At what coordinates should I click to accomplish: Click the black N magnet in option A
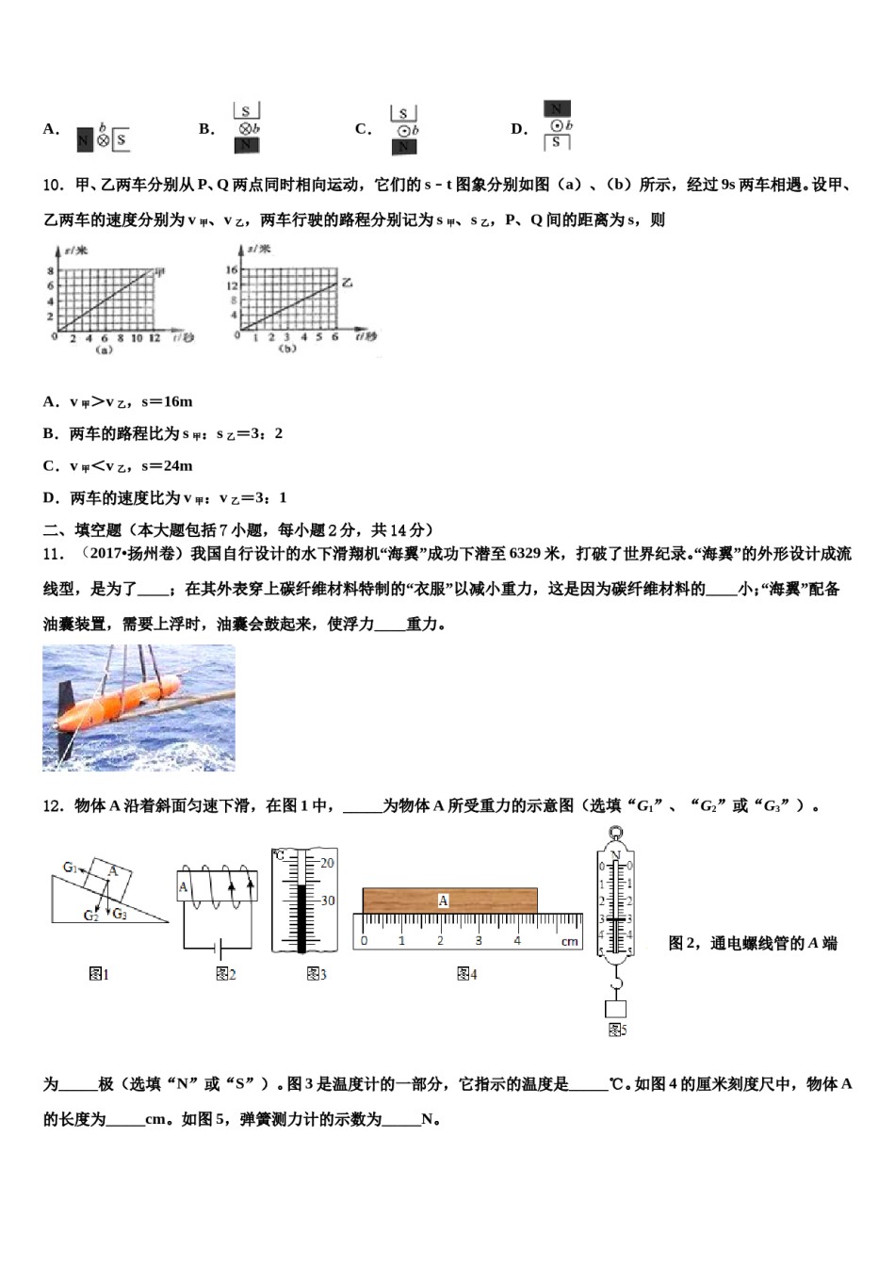[84, 140]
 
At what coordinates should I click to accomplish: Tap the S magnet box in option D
[556, 142]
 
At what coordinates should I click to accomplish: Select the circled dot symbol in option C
[403, 131]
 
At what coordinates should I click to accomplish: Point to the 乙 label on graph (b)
[347, 282]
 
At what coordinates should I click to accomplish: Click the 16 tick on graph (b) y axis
[231, 270]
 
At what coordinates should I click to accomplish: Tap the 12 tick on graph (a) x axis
[155, 337]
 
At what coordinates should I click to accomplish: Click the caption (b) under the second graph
[287, 349]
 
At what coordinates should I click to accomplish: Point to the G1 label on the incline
[70, 868]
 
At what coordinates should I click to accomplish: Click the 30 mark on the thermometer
[327, 901]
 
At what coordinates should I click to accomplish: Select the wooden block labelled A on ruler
[449, 901]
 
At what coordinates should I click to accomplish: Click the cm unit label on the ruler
[569, 941]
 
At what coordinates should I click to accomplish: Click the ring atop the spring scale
[615, 833]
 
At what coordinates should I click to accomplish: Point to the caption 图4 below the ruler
[466, 974]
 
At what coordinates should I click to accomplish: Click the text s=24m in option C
[167, 465]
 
